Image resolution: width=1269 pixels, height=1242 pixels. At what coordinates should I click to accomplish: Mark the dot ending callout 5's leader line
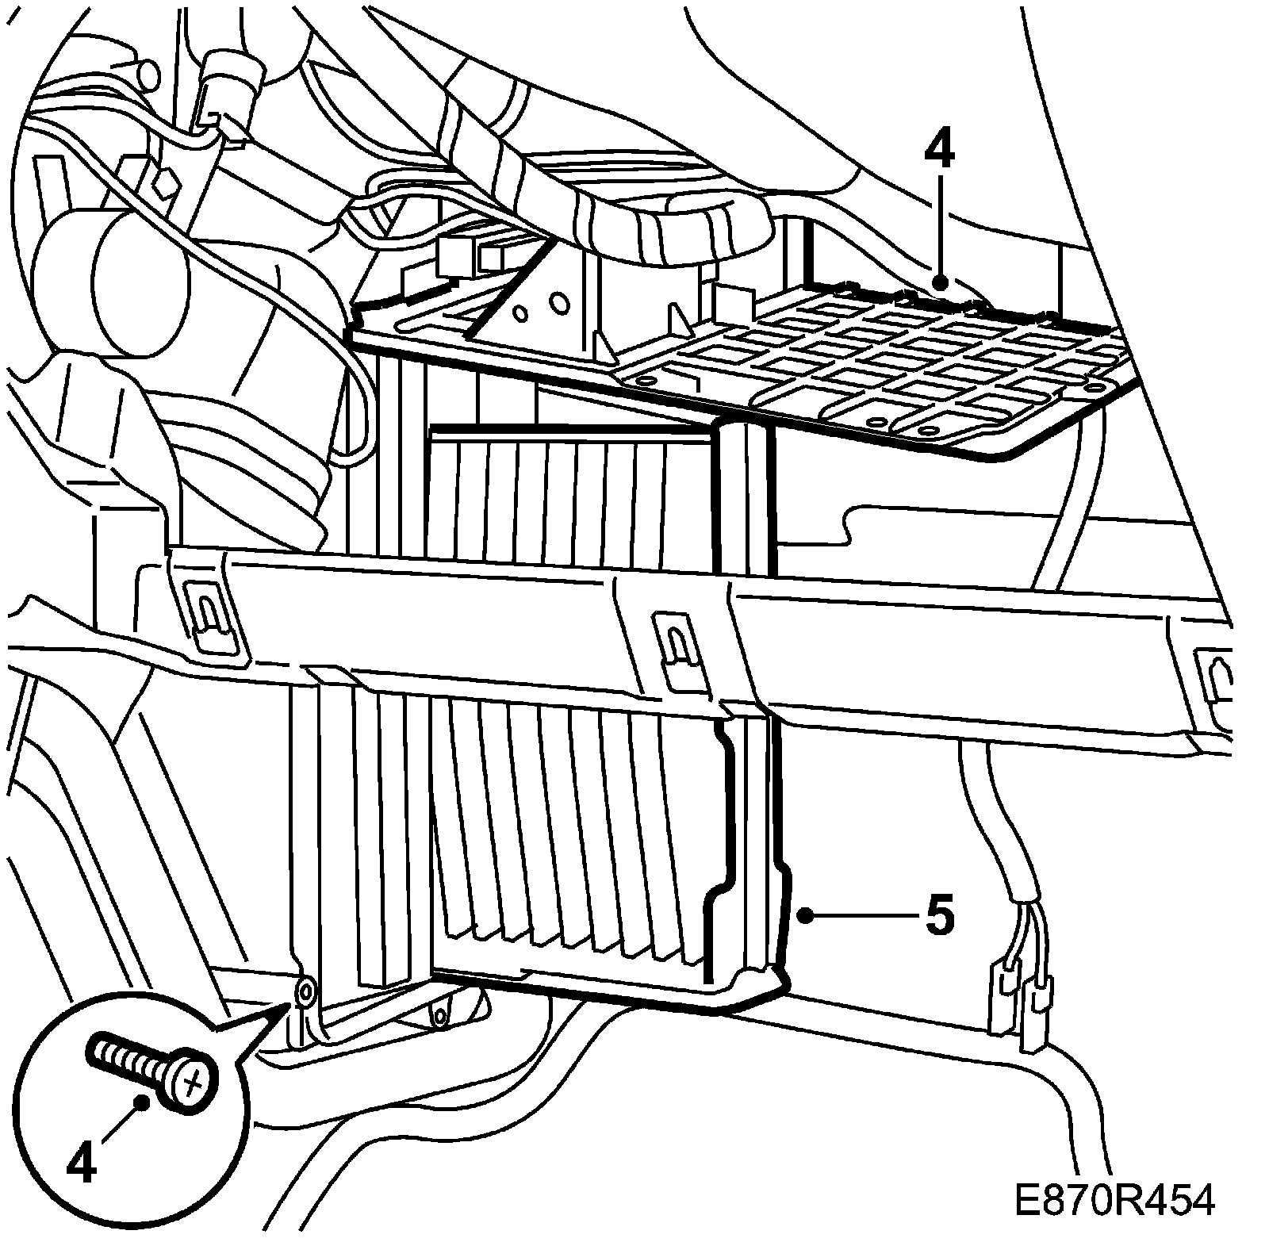[806, 916]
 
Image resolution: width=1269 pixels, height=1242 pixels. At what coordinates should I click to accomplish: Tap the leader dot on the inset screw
[143, 1102]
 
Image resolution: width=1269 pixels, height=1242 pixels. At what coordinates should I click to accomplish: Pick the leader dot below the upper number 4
[940, 281]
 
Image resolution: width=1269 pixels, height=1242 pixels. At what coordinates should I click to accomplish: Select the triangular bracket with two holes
[539, 301]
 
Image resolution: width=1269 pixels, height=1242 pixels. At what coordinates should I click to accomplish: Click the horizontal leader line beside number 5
[861, 916]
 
